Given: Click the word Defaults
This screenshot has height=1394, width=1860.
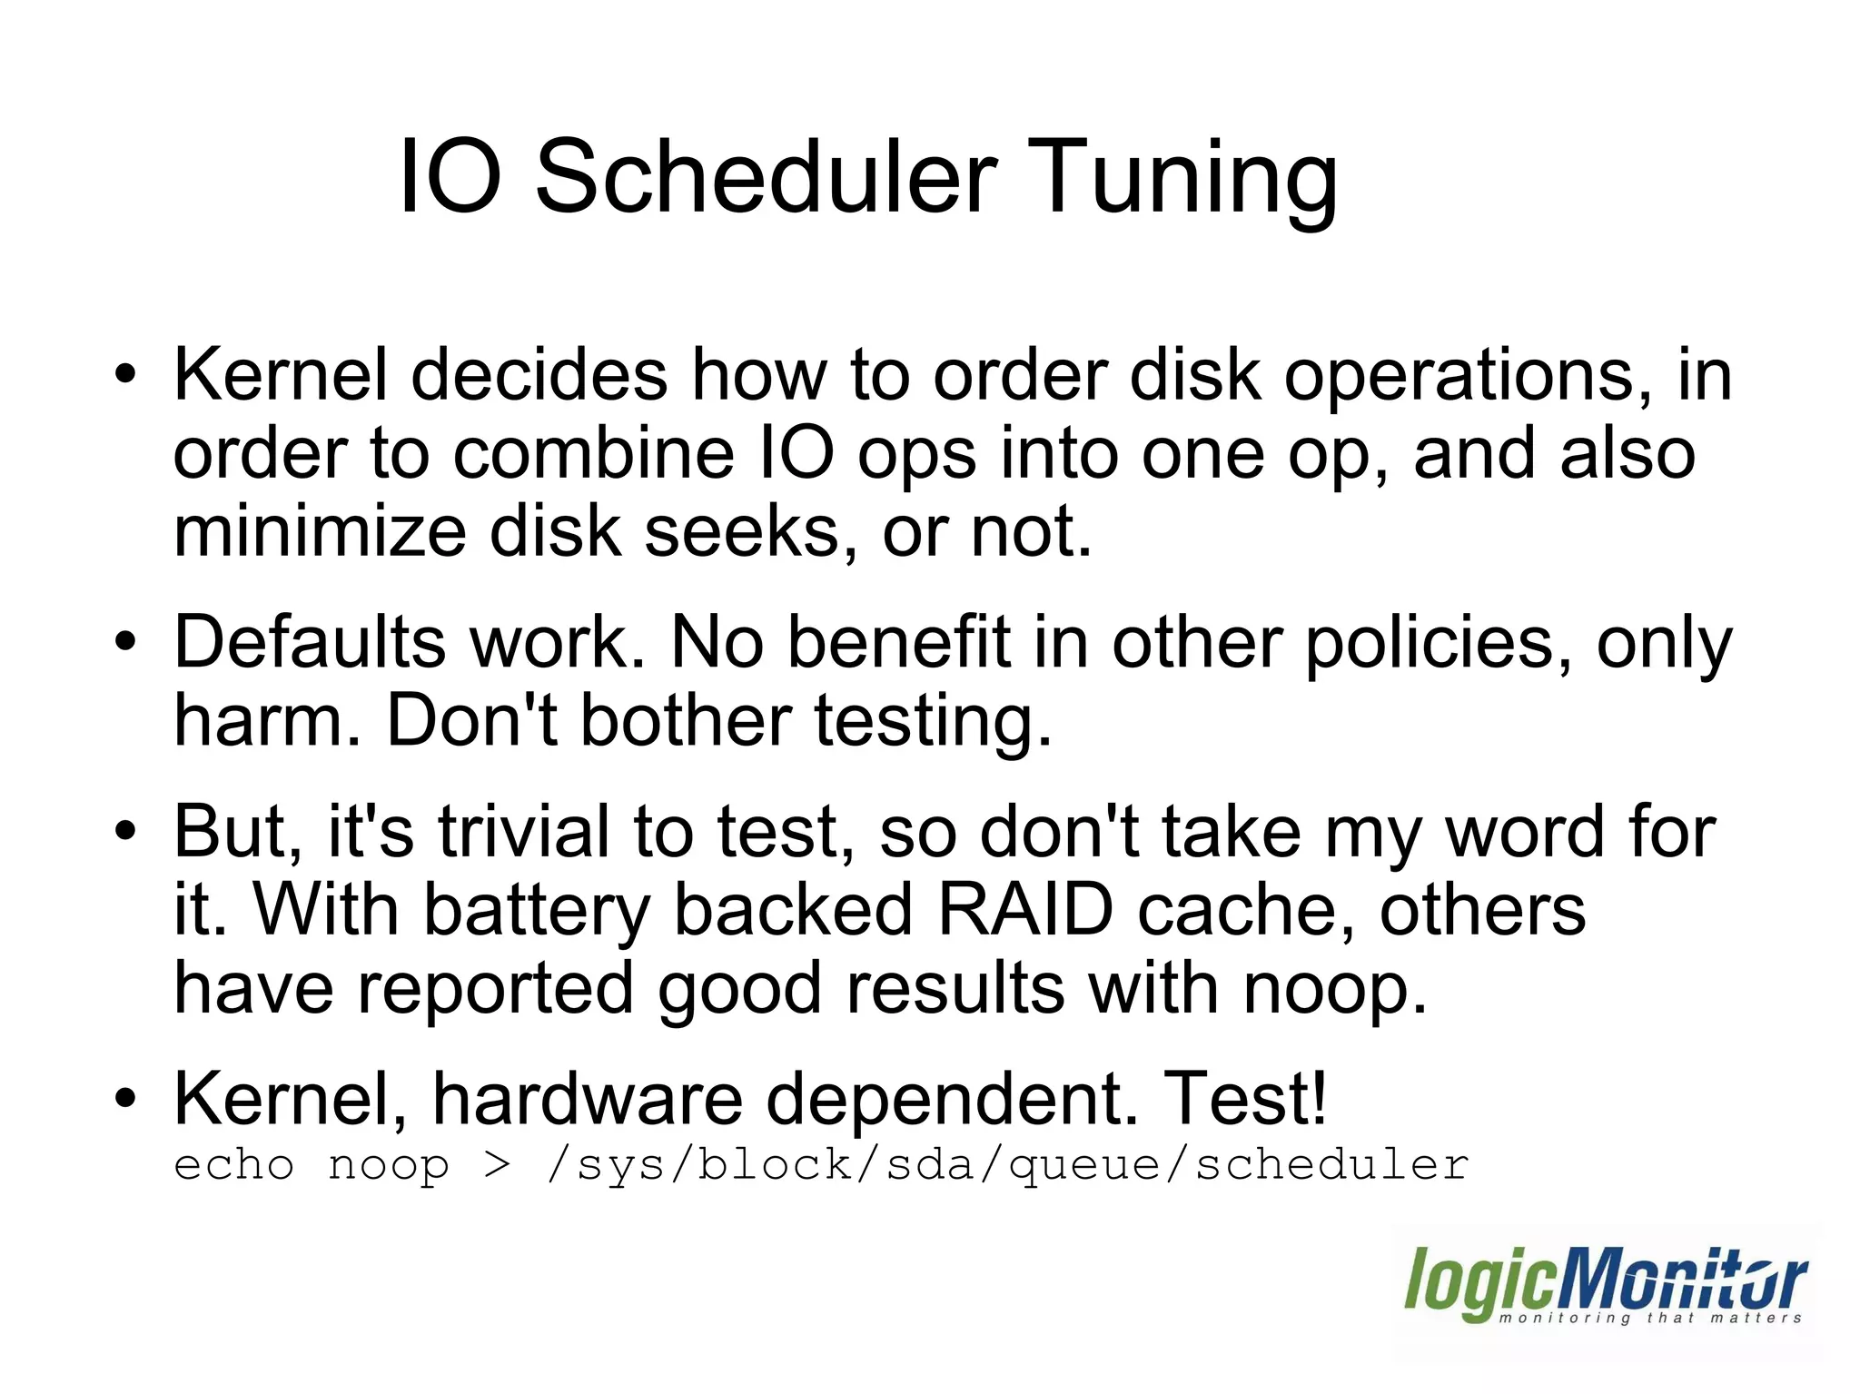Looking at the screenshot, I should (x=309, y=642).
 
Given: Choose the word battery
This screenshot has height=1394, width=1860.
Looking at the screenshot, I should (x=537, y=910).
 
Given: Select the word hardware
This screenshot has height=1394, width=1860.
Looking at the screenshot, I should (x=587, y=1099).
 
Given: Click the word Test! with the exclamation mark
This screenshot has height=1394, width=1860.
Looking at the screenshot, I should (x=1244, y=1098).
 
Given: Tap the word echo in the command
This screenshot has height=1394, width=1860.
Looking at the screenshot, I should (x=234, y=1165).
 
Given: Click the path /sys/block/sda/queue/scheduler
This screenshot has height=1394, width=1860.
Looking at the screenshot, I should (x=1007, y=1165).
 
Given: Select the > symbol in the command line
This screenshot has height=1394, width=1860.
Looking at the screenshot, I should (x=497, y=1165).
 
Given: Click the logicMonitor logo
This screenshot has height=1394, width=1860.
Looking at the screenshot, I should (x=1605, y=1287).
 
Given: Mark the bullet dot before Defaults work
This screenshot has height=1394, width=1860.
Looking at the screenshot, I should (x=125, y=642).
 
